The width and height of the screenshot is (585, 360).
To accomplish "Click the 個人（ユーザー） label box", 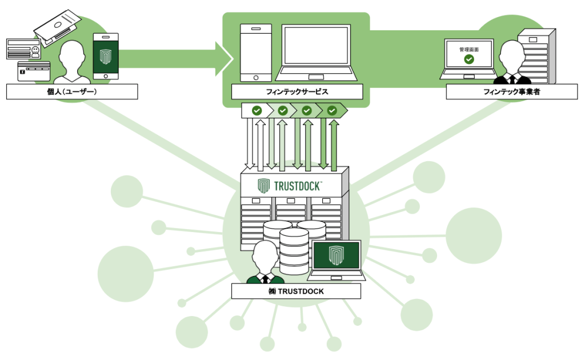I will pyautogui.click(x=72, y=91).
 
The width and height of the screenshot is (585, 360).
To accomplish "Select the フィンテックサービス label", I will pyautogui.click(x=296, y=91).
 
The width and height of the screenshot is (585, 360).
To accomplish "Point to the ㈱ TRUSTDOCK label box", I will pyautogui.click(x=296, y=291).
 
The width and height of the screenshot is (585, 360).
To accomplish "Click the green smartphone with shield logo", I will pyautogui.click(x=106, y=56).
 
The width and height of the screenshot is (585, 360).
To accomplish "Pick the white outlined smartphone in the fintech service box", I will pyautogui.click(x=255, y=53).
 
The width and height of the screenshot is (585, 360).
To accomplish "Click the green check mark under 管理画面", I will pyautogui.click(x=469, y=59).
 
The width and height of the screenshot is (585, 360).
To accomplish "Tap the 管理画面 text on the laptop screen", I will pyautogui.click(x=469, y=50).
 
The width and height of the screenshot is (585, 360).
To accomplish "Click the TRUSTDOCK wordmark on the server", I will pyautogui.click(x=297, y=185).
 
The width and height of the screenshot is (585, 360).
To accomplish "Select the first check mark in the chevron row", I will pyautogui.click(x=257, y=110).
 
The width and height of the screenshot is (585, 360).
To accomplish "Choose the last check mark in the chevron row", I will pyautogui.click(x=332, y=110).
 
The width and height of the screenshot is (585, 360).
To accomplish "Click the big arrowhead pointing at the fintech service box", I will pyautogui.click(x=225, y=58).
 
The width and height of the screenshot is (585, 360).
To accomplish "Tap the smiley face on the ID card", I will pyautogui.click(x=36, y=51).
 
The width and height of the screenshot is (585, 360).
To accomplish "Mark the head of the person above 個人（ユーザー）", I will pyautogui.click(x=73, y=54).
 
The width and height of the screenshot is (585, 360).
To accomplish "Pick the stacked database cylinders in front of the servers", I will pyautogui.click(x=294, y=246).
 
